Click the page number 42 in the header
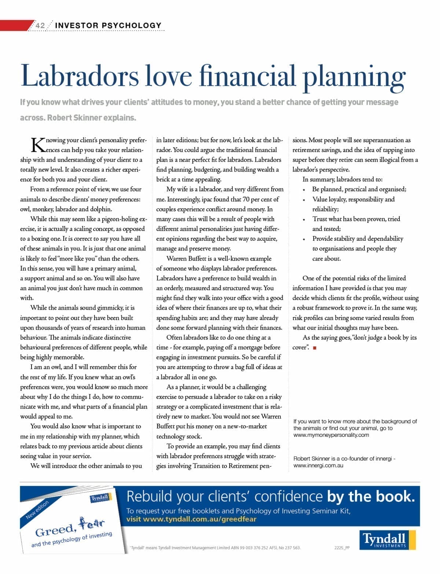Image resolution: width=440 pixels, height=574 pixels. point(40,25)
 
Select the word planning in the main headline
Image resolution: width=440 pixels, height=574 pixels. point(354,77)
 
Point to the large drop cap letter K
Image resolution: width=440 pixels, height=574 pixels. point(38,145)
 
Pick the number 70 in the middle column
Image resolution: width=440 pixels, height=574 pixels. point(246,199)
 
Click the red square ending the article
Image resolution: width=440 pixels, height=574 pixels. point(315,348)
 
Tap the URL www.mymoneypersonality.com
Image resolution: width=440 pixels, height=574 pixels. point(331,435)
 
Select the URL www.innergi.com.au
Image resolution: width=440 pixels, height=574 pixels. point(318,466)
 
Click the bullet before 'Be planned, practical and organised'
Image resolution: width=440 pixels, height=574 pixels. point(304,190)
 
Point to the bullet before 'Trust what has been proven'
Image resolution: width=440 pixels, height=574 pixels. point(304,220)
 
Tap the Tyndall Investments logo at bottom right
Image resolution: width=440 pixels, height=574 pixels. point(387,540)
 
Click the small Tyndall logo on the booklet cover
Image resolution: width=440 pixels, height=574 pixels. point(100,498)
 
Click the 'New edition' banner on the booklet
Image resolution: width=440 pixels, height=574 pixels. point(37,510)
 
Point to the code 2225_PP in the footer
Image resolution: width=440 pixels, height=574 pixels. point(342,548)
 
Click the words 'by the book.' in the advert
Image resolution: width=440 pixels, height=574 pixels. point(371,496)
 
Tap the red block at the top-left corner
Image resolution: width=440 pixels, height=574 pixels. point(15,25)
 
